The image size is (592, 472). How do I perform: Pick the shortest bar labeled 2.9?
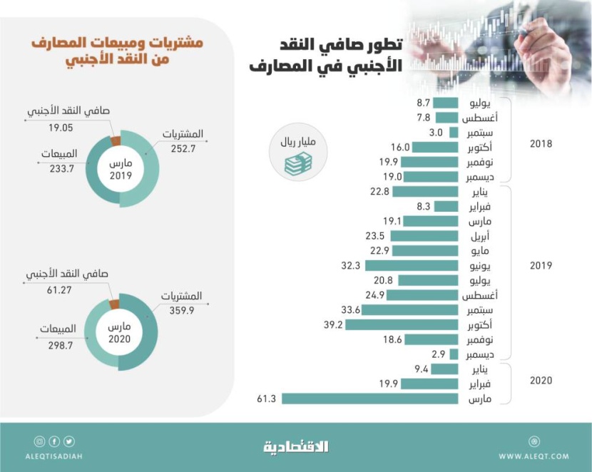[454, 354]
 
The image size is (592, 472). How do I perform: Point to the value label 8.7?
[423, 103]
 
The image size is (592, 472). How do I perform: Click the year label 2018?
[541, 144]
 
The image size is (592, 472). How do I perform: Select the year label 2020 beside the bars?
[541, 381]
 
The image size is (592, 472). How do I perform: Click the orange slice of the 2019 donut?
[116, 140]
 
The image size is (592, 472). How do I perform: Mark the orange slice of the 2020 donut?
[114, 304]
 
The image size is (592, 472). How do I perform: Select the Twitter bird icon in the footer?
[69, 441]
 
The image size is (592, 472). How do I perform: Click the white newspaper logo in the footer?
[295, 447]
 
